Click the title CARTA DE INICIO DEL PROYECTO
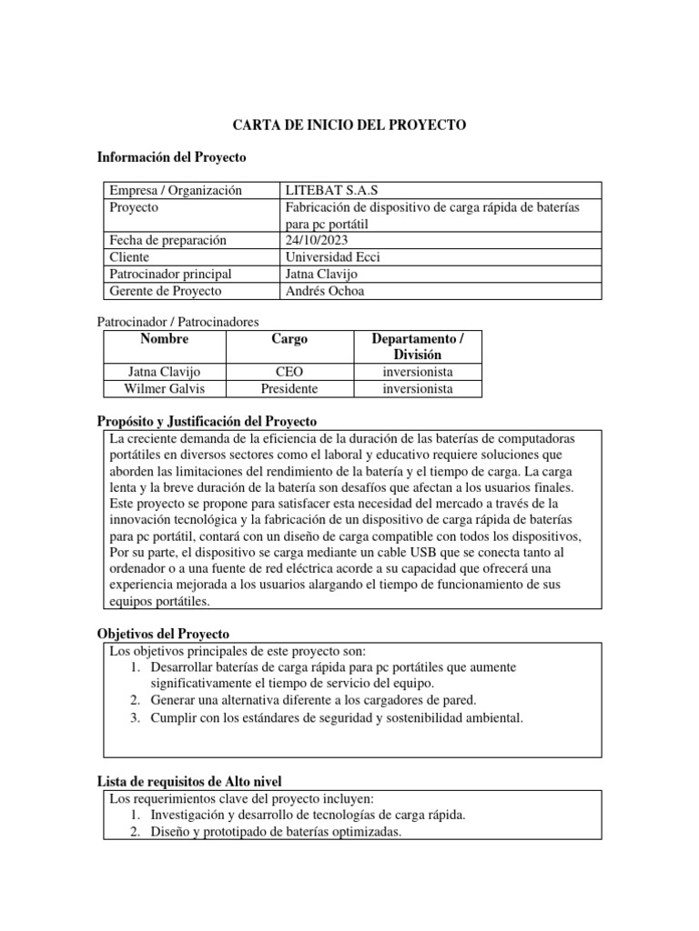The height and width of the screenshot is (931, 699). click(349, 125)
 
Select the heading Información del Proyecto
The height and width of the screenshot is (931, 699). click(171, 157)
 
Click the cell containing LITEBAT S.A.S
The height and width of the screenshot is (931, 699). click(331, 190)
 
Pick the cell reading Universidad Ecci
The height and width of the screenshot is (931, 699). click(332, 257)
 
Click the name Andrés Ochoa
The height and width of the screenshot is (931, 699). click(325, 291)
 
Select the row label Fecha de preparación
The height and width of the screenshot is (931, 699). click(167, 240)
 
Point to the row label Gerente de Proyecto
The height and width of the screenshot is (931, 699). click(165, 291)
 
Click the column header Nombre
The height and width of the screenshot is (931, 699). click(165, 339)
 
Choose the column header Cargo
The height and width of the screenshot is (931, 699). click(289, 339)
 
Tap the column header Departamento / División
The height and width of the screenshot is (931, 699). click(418, 346)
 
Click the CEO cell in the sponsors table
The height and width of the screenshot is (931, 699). click(289, 372)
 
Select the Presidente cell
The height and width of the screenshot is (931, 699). click(289, 388)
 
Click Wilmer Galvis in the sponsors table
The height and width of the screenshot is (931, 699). click(165, 388)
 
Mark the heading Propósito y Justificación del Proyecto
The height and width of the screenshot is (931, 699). click(207, 422)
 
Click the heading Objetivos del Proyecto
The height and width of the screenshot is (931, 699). click(163, 634)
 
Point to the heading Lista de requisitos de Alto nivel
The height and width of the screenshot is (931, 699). click(189, 781)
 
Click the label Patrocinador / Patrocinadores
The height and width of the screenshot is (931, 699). click(177, 322)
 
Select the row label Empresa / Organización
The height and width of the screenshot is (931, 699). click(176, 190)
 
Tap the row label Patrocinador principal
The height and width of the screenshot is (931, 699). click(170, 274)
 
